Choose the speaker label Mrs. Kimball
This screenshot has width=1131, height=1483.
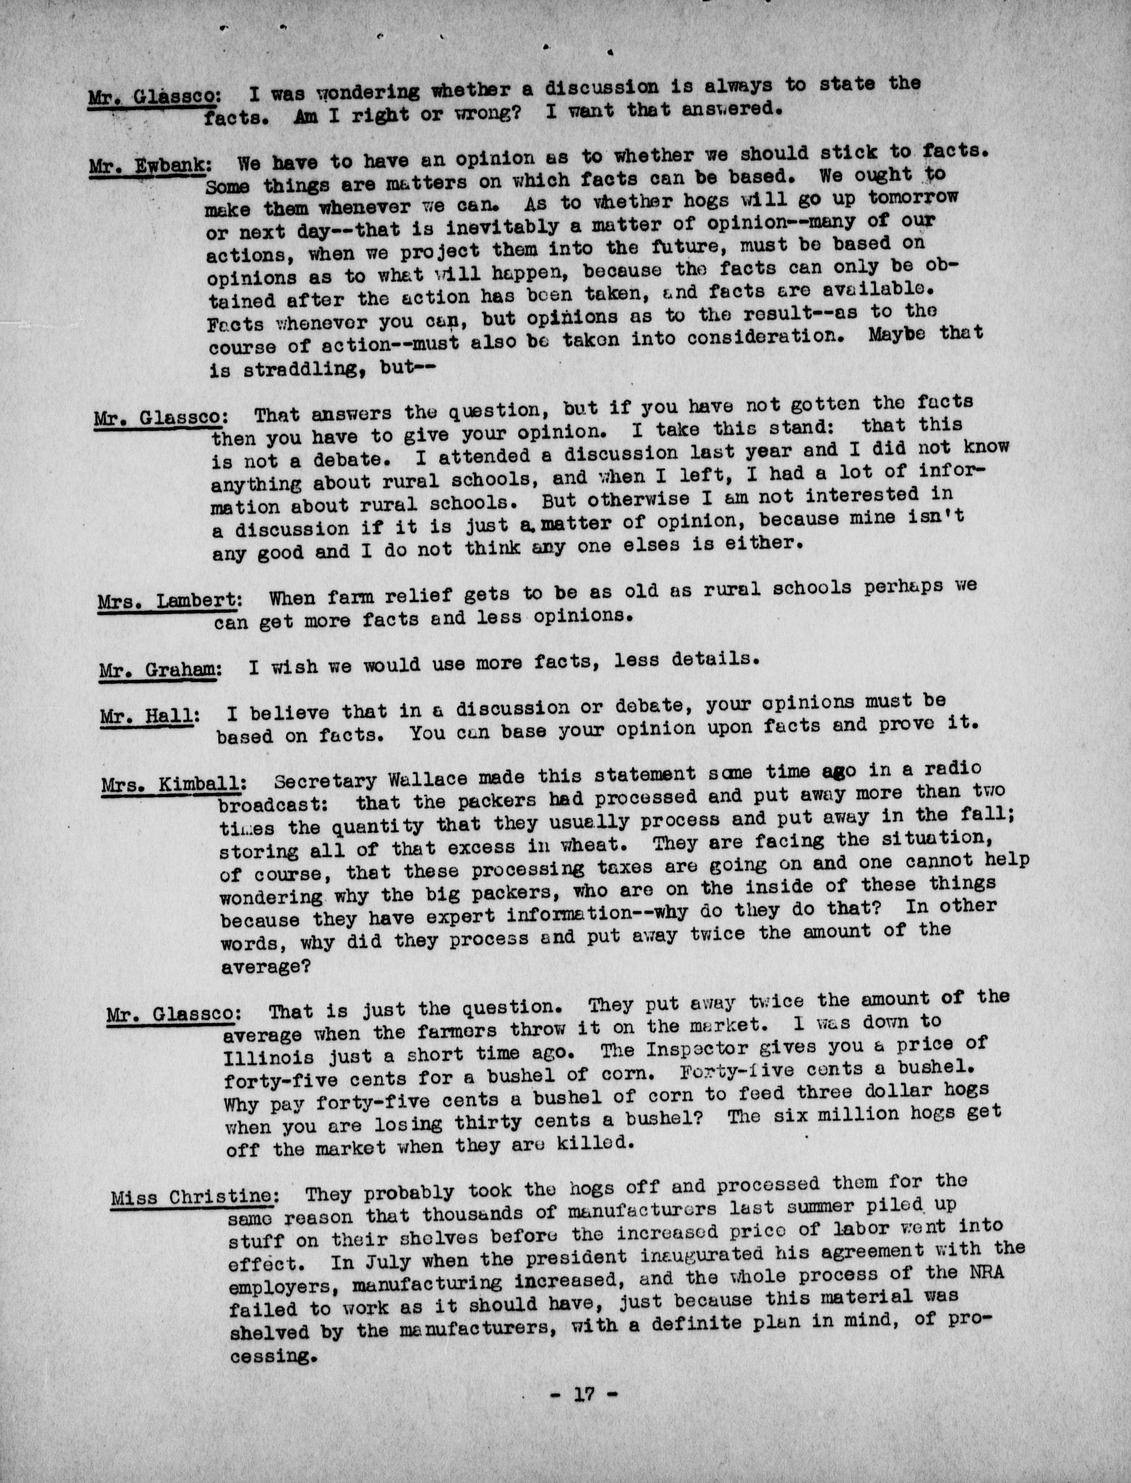[x=173, y=784]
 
